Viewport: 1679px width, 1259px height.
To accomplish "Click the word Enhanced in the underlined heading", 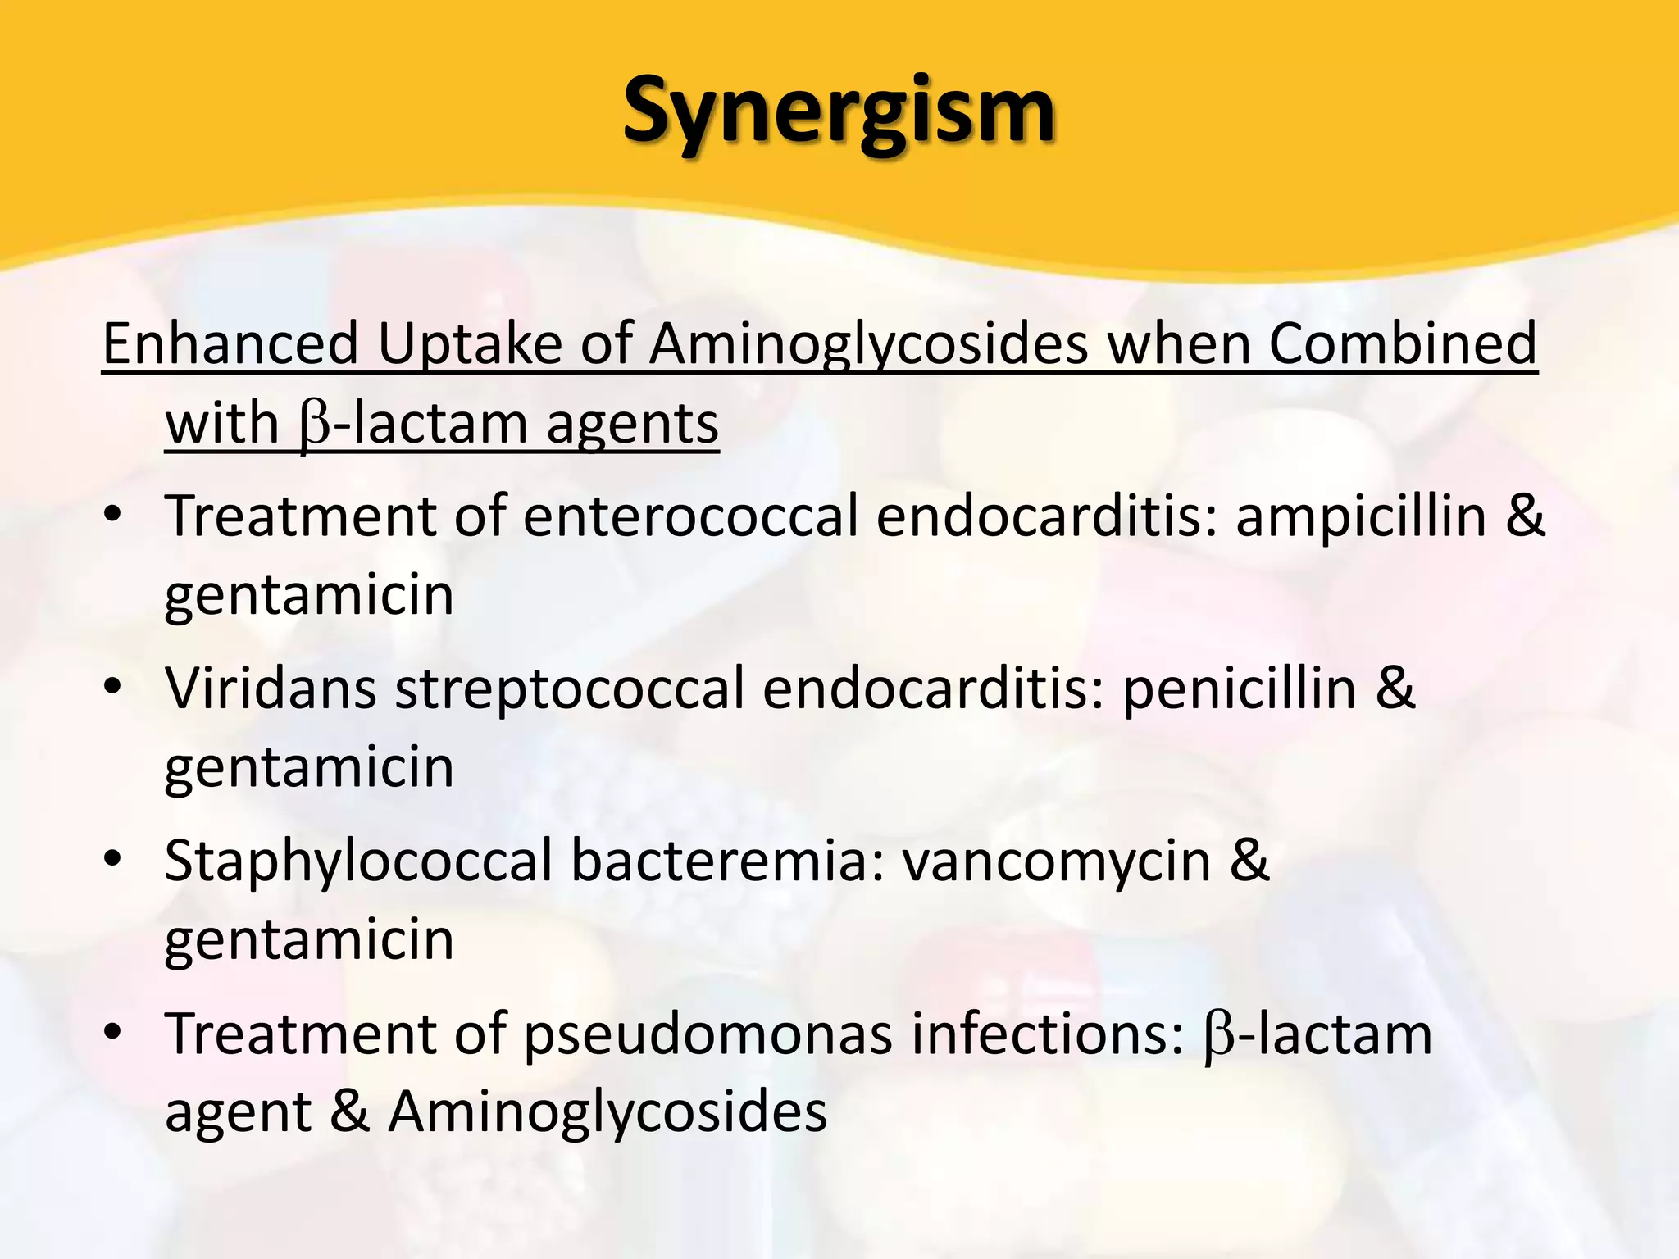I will click(230, 343).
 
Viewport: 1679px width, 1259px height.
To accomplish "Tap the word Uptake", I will click(469, 343).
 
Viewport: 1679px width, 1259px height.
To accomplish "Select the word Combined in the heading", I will click(1402, 343).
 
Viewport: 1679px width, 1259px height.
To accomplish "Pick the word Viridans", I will click(271, 689).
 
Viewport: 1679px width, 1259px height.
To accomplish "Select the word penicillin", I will click(1240, 689).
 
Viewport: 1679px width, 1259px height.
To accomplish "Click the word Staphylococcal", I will click(358, 862).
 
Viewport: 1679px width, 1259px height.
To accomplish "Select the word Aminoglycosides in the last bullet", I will click(607, 1114).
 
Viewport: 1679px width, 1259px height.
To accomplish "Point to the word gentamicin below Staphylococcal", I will click(309, 941).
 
